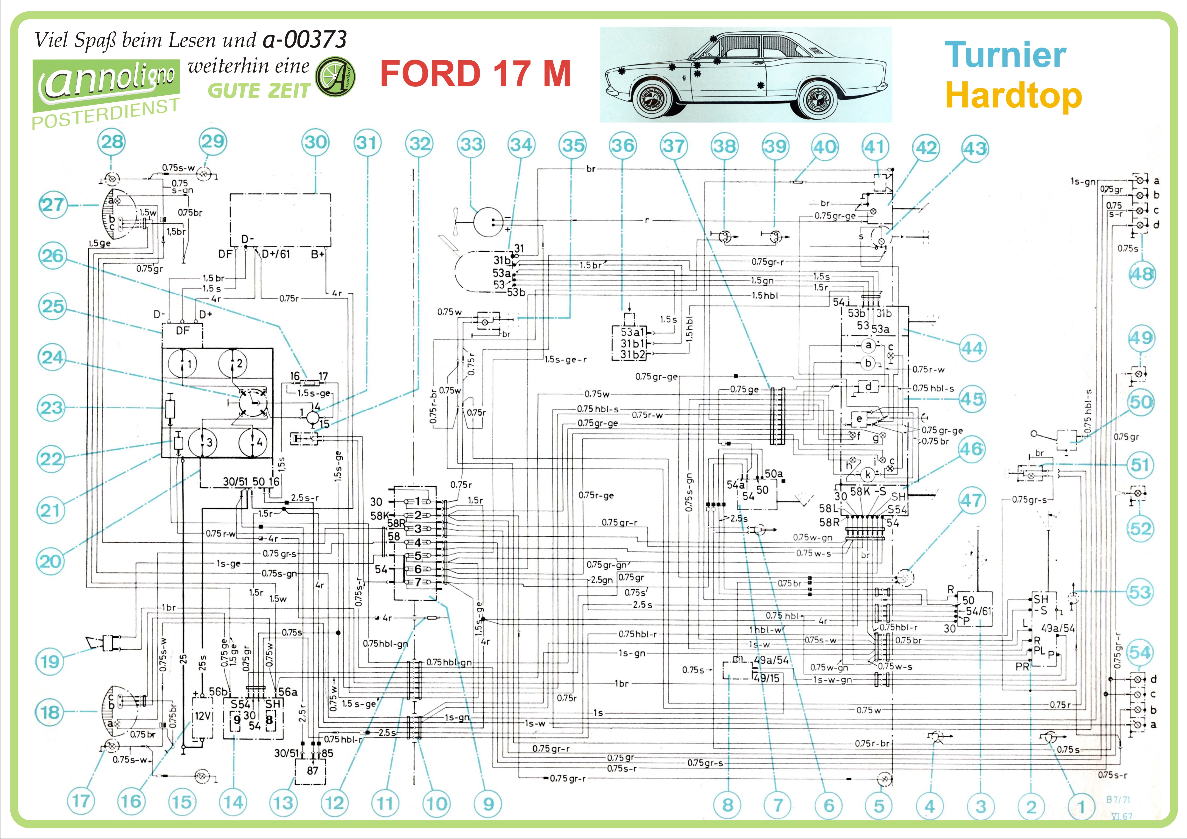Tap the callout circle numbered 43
(x=975, y=149)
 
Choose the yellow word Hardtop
(x=1013, y=96)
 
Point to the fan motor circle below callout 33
(x=488, y=221)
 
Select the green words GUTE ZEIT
(x=259, y=91)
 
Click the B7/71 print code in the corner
(x=1118, y=799)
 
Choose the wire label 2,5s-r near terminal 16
(x=304, y=498)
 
